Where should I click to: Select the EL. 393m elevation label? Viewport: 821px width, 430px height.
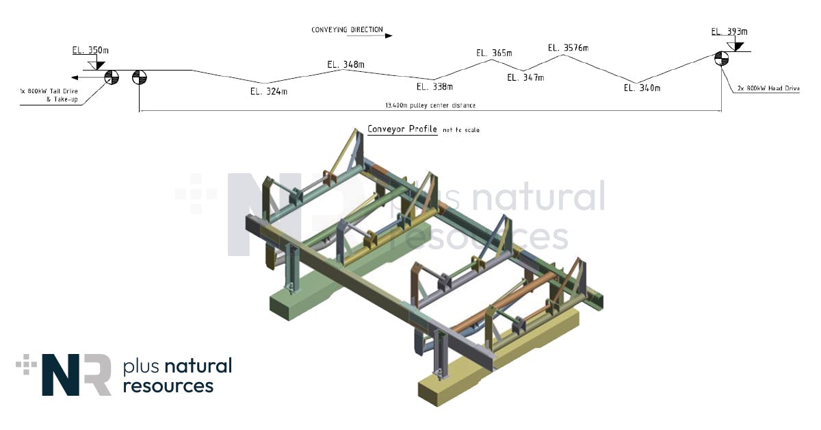(729, 31)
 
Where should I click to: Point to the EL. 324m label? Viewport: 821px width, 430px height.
(268, 91)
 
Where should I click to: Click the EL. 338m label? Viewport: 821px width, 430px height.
(434, 87)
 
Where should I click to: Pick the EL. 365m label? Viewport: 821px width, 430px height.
(495, 53)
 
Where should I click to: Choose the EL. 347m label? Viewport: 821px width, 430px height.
(525, 77)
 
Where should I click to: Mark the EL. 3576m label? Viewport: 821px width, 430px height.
(568, 48)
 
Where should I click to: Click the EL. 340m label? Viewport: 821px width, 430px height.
(642, 88)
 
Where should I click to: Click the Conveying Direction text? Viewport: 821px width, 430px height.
(347, 30)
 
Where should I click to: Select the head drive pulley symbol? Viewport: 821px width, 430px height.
(721, 58)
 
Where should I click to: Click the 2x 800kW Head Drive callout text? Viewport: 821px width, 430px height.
(768, 89)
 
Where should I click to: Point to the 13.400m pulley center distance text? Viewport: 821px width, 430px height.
(430, 105)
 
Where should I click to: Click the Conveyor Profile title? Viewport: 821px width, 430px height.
(402, 129)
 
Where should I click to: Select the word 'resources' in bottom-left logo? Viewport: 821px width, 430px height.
(168, 385)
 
